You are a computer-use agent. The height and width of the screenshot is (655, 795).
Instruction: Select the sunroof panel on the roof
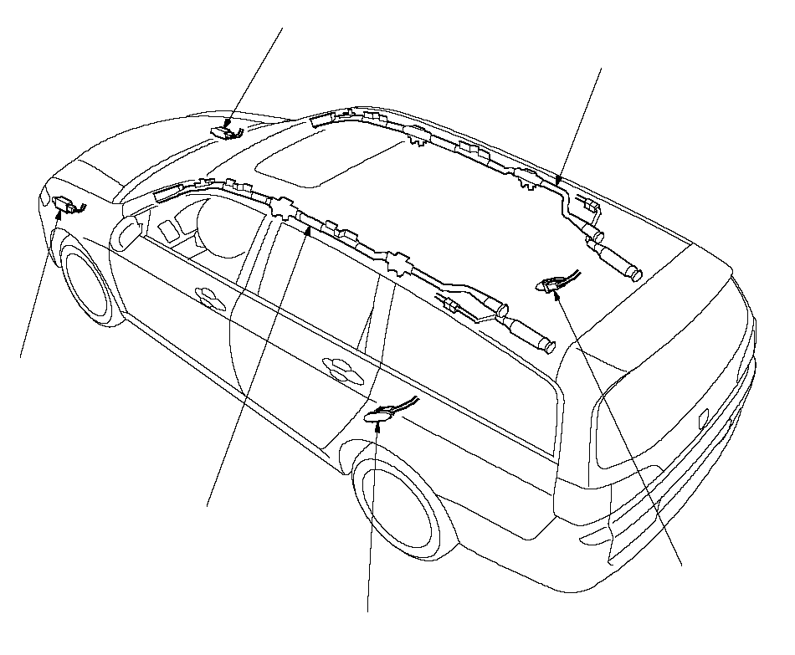[x=326, y=159]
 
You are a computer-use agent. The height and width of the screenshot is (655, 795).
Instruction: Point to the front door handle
[x=204, y=294]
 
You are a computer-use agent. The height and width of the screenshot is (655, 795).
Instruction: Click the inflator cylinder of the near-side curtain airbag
[x=528, y=335]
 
